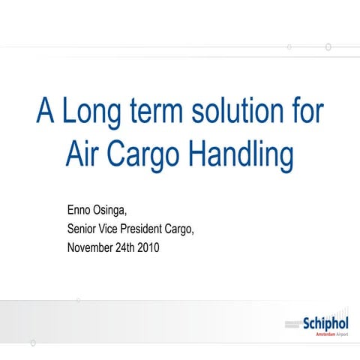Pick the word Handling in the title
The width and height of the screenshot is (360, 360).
point(238,155)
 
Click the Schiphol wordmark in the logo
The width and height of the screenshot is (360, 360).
point(326,323)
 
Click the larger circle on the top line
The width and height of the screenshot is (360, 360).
point(328,46)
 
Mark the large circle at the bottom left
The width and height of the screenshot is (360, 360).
point(32,343)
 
